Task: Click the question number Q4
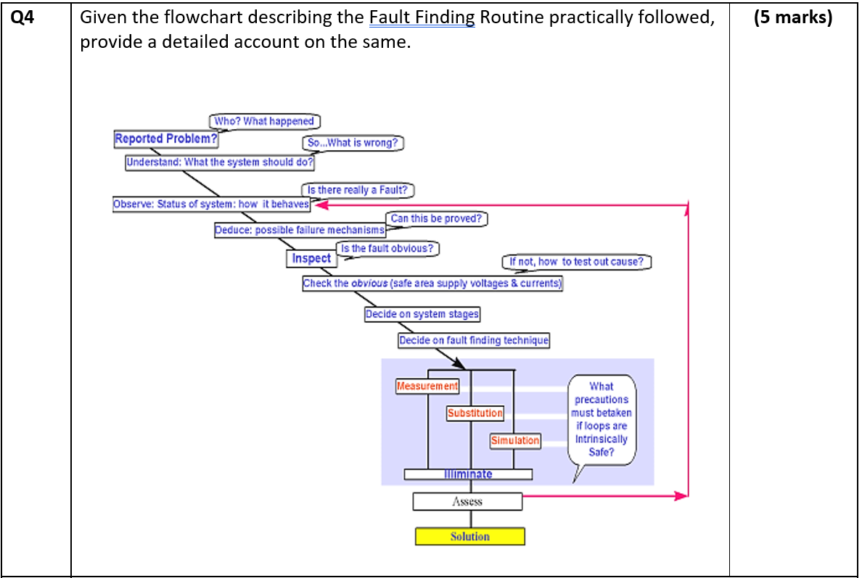coord(22,17)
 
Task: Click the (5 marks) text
coord(793,17)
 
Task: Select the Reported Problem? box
coord(166,139)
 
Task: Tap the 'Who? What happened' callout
coord(265,121)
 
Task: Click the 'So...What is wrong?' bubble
coord(353,143)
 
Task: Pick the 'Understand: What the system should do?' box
coord(220,162)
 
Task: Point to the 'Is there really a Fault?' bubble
coord(358,190)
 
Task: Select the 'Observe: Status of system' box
coord(211,205)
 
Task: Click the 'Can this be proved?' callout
coord(436,218)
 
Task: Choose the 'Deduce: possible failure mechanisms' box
coord(300,230)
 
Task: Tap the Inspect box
coord(311,259)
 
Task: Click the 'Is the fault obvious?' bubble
coord(387,249)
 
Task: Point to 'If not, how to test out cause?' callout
coord(576,262)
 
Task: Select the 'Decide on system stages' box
coord(422,314)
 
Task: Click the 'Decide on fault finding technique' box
coord(474,340)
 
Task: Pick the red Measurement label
coord(427,387)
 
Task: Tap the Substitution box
coord(475,413)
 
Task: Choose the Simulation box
coord(515,440)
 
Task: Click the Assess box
coord(467,501)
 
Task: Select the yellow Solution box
coord(469,537)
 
